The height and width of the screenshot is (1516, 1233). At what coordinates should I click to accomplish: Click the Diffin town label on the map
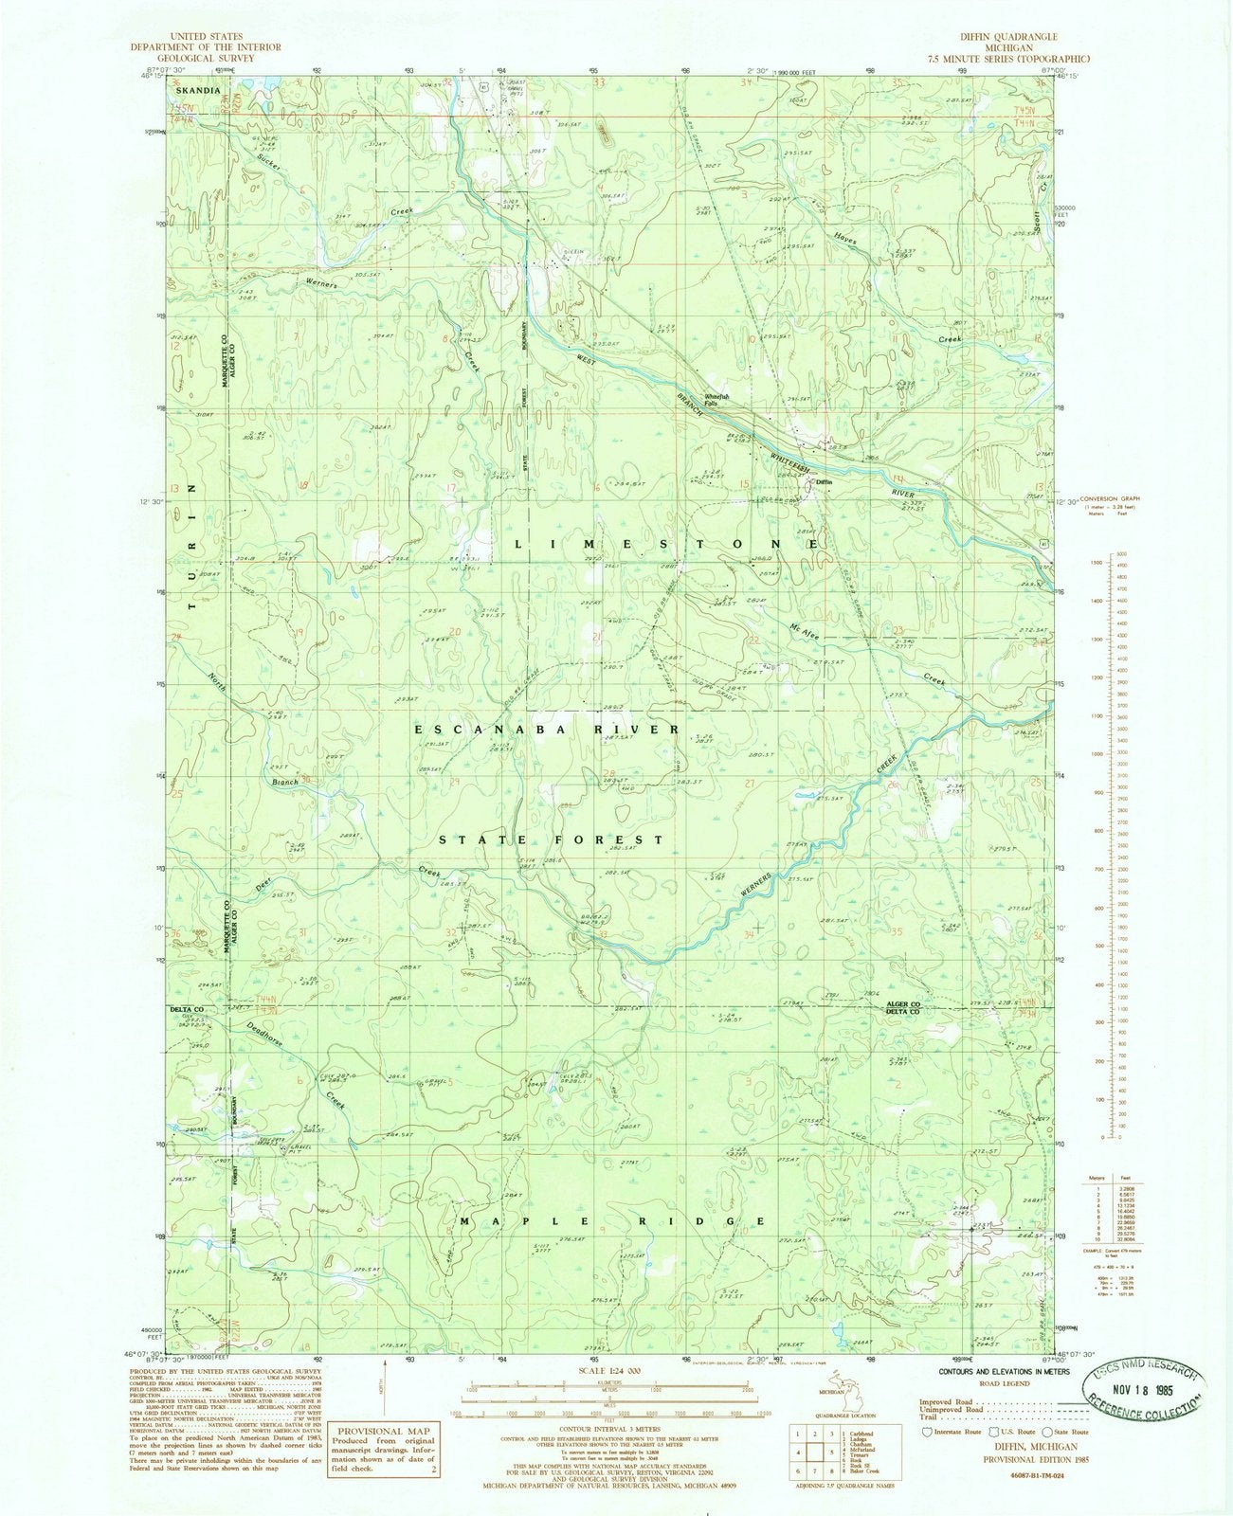click(824, 481)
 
